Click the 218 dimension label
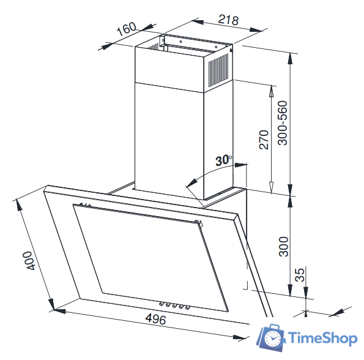pyautogui.click(x=228, y=20)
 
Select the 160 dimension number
pyautogui.click(x=126, y=29)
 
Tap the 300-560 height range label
pyautogui.click(x=283, y=123)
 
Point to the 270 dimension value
pyautogui.click(x=264, y=140)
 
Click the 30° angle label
pyautogui.click(x=223, y=160)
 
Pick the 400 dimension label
pyautogui.click(x=29, y=260)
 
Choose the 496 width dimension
pyautogui.click(x=156, y=319)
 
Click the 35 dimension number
pyautogui.click(x=300, y=275)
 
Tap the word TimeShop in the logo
pyautogui.click(x=322, y=338)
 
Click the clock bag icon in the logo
pyautogui.click(x=272, y=337)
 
